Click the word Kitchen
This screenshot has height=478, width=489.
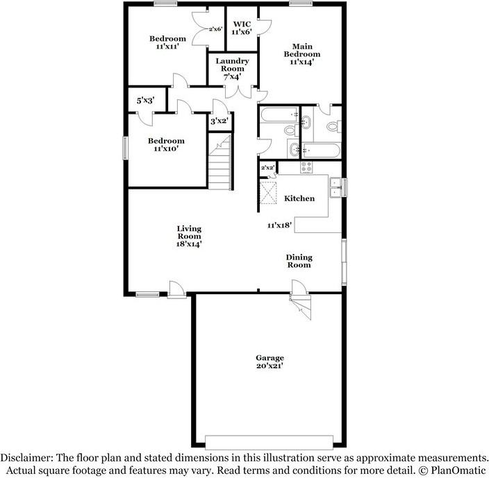tap(299, 198)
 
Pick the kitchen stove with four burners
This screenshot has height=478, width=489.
tap(306, 167)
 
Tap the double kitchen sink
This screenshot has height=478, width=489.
tap(335, 187)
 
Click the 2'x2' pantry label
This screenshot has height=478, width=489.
tap(267, 167)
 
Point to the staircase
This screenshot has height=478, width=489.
tap(220, 161)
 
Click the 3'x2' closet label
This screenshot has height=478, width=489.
tap(219, 121)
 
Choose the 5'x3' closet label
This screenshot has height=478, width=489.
tap(146, 101)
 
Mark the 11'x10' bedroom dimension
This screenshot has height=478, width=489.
tap(165, 148)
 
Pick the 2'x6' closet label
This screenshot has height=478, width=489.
tap(216, 28)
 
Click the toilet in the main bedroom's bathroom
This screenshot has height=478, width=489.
tap(332, 127)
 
